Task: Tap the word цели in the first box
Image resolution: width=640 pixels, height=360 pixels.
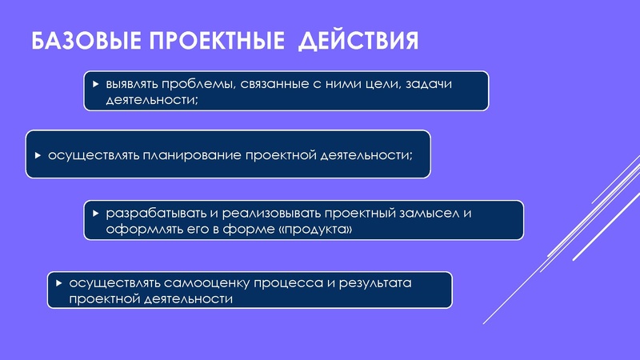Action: tap(380, 84)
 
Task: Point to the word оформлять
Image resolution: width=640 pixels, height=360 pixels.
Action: tap(138, 230)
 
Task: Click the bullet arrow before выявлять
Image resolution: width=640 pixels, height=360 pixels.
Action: tap(96, 84)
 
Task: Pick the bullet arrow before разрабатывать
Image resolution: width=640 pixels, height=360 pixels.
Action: tap(96, 214)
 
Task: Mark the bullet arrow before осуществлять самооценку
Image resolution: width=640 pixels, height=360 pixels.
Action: tap(59, 283)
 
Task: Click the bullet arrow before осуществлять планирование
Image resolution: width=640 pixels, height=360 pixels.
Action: tap(38, 154)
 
